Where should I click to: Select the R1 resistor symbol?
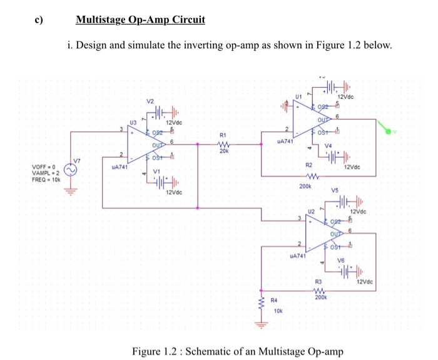[x=224, y=143]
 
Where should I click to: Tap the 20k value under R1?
[x=224, y=151]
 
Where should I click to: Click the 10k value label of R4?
[x=279, y=311]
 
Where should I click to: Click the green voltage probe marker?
[x=389, y=132]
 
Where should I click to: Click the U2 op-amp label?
[x=311, y=212]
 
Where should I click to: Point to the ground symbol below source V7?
[x=70, y=192]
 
